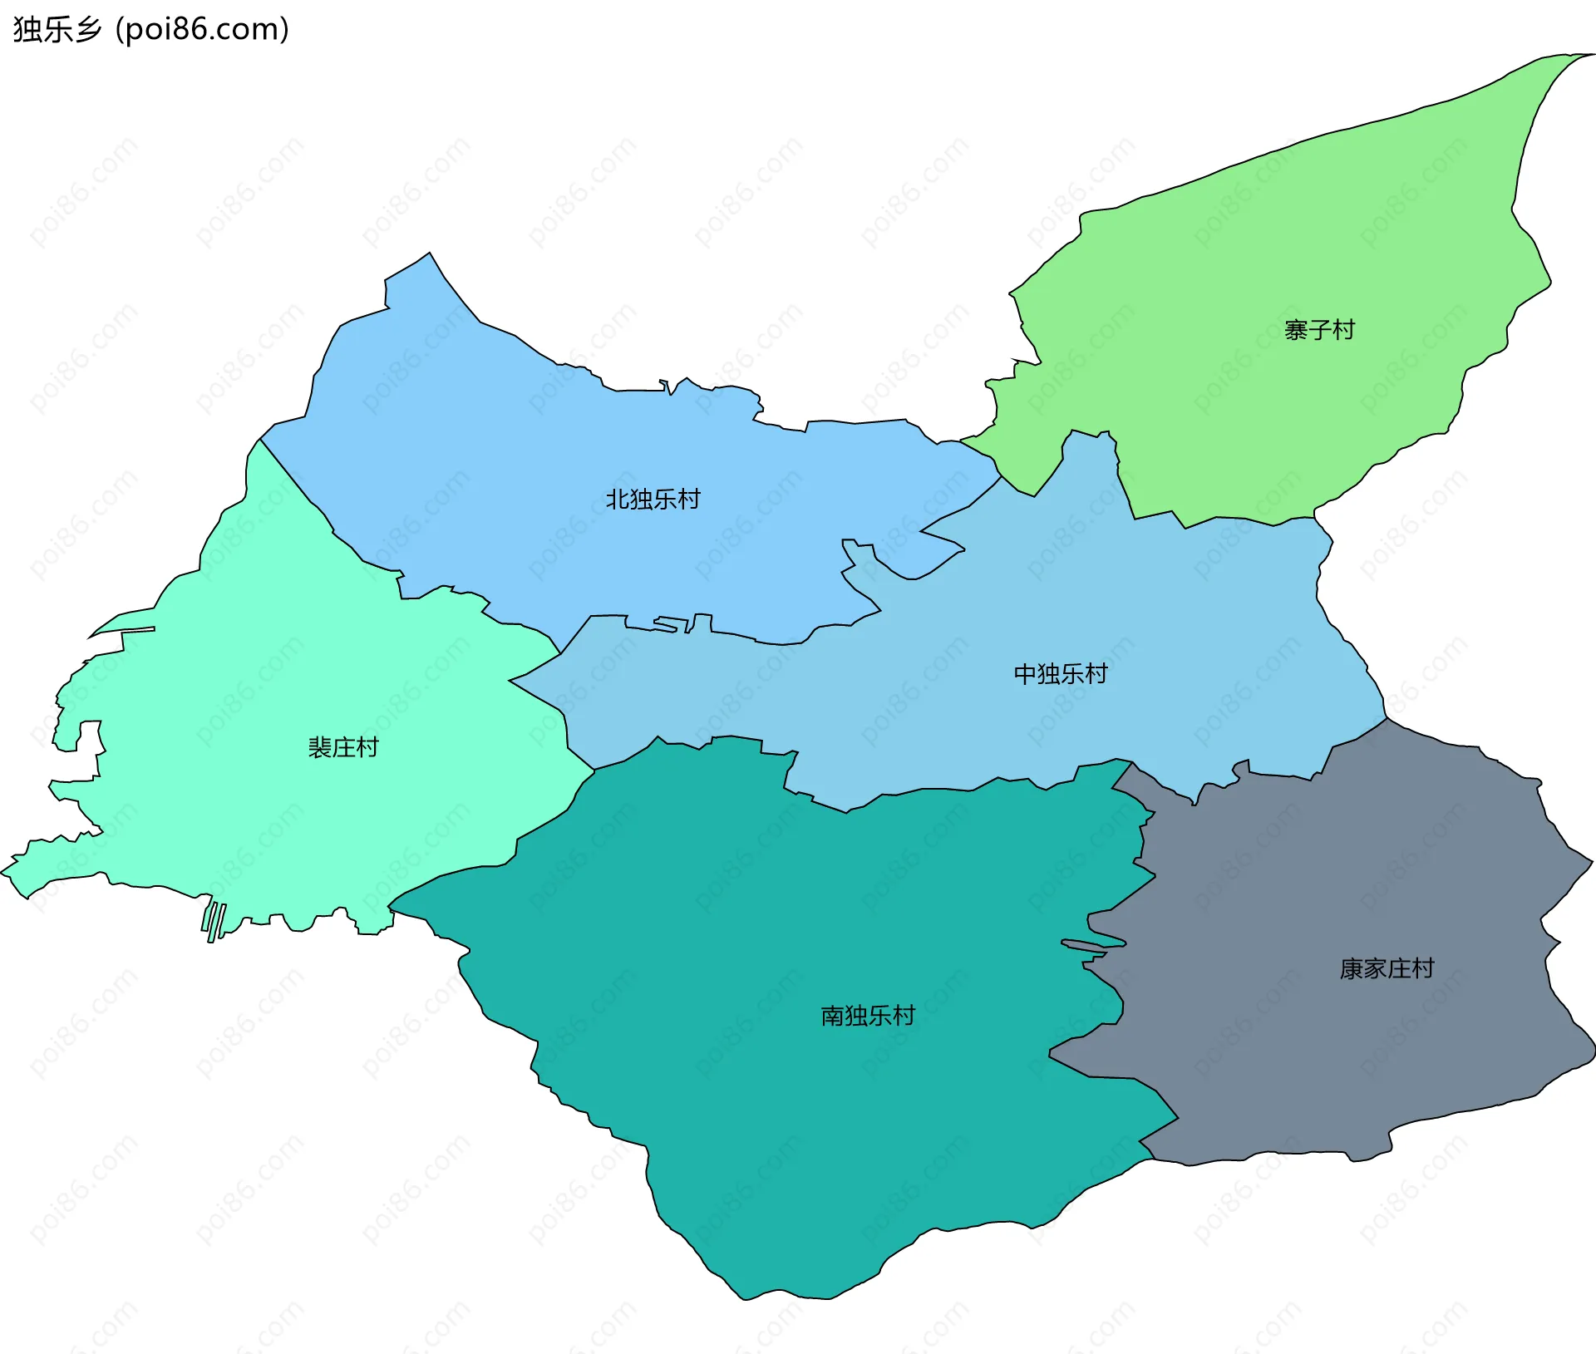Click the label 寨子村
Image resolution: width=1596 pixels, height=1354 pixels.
[x=1319, y=330]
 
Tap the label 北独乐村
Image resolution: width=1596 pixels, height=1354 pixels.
[x=653, y=499]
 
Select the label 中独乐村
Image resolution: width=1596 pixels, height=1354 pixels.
[x=1060, y=673]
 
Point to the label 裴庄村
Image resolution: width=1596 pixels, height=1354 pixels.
[x=342, y=747]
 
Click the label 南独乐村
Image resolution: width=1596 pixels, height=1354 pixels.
[x=867, y=1015]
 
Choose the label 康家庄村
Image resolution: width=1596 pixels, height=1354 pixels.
[x=1386, y=968]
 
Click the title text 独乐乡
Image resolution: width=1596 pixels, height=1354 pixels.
[x=57, y=29]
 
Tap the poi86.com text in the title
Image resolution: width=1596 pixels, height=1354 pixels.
[x=202, y=29]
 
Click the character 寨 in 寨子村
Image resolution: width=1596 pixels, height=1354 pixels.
[x=1296, y=330]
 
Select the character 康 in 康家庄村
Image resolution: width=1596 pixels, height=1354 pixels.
[x=1351, y=968]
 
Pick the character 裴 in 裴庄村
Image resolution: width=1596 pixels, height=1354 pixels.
[x=320, y=747]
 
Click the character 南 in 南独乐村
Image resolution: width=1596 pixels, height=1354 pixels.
[x=832, y=1015]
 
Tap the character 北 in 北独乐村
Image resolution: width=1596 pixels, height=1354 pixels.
[x=617, y=499]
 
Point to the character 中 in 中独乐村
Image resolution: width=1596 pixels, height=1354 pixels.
[x=1025, y=673]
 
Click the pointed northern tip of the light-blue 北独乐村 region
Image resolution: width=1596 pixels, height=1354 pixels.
[x=429, y=254]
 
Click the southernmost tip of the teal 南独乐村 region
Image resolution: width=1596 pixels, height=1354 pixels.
[x=746, y=1298]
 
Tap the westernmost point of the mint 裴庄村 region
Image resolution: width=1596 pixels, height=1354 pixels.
[x=3, y=871]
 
